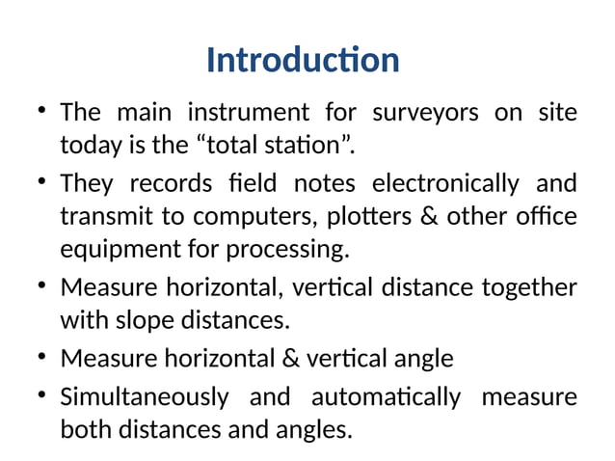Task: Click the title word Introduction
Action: [303, 61]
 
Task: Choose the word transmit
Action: [100, 218]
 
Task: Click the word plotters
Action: [379, 218]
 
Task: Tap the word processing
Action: [285, 252]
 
